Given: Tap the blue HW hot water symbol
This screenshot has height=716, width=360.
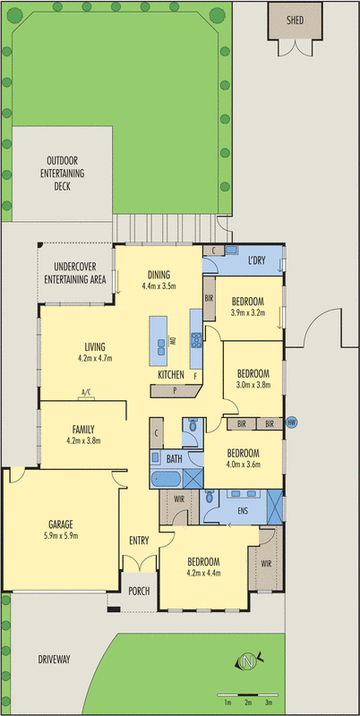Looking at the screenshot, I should pos(291,423).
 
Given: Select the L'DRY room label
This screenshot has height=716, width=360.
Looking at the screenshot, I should pos(260,260).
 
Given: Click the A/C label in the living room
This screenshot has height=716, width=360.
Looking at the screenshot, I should pos(87,393).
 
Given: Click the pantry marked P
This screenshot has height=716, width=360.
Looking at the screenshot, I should pos(175,391).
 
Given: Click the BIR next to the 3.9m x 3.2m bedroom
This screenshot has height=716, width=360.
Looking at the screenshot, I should pos(209,297).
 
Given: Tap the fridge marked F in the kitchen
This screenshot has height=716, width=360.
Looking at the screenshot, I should pos(195,377).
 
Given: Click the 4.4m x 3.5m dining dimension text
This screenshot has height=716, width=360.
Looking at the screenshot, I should pos(159,286).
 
